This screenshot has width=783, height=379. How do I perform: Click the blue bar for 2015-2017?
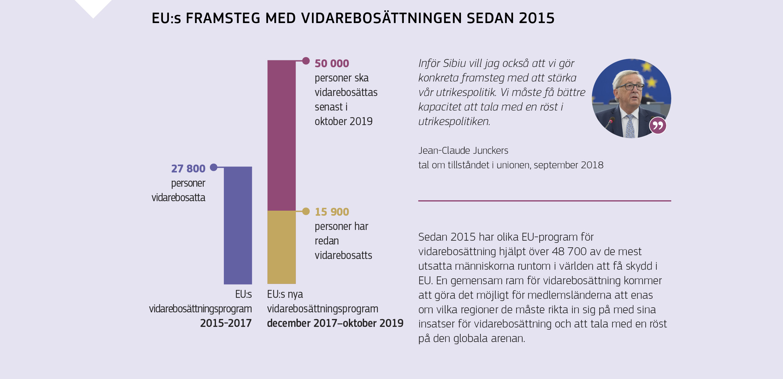coord(238,225)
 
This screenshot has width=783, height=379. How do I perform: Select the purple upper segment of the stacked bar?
coord(281,135)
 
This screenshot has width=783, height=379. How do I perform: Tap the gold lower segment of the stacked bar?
coord(281,247)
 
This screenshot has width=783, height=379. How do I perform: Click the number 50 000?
coord(332,63)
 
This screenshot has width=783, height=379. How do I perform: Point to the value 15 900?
coord(332,212)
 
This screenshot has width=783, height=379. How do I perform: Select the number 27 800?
coord(188,169)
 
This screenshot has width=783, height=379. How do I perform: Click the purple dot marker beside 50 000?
coord(306,61)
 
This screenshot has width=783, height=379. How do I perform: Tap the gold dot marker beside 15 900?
coord(306,211)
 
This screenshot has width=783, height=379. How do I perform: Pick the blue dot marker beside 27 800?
coord(214,167)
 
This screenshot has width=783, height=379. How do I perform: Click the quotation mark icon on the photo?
coord(658,125)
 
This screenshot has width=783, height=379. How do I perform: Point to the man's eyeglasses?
coord(631,87)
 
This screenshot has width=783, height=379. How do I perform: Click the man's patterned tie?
coord(630,126)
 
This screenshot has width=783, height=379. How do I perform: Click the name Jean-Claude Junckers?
coord(463,151)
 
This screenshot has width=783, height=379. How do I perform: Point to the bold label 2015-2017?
coord(226,323)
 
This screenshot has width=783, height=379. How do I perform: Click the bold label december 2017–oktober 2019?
coord(335,323)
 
